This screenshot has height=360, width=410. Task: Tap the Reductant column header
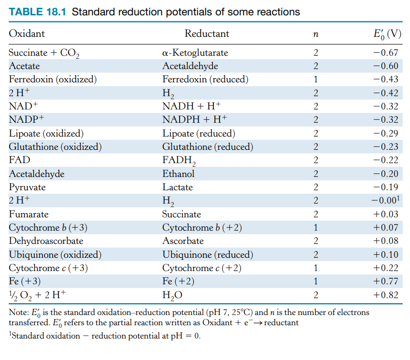tap(207, 34)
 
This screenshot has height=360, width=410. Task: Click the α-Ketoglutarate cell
tap(195, 53)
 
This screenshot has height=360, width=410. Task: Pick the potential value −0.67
tap(386, 53)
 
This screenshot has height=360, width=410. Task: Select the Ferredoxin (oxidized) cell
tap(53, 79)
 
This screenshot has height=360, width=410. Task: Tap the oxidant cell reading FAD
tap(19, 160)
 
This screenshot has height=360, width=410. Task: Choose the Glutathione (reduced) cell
tap(207, 147)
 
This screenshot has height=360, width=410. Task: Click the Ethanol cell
tap(178, 174)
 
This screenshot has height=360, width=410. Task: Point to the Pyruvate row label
tap(27, 187)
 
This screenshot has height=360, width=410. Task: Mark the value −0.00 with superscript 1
tap(387, 200)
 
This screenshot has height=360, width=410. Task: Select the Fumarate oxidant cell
tap(29, 214)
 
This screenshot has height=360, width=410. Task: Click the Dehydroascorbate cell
tap(46, 241)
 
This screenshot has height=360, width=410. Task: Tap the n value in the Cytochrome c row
tap(315, 268)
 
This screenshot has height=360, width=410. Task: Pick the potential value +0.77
tap(386, 281)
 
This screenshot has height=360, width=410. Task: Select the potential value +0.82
tap(386, 295)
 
